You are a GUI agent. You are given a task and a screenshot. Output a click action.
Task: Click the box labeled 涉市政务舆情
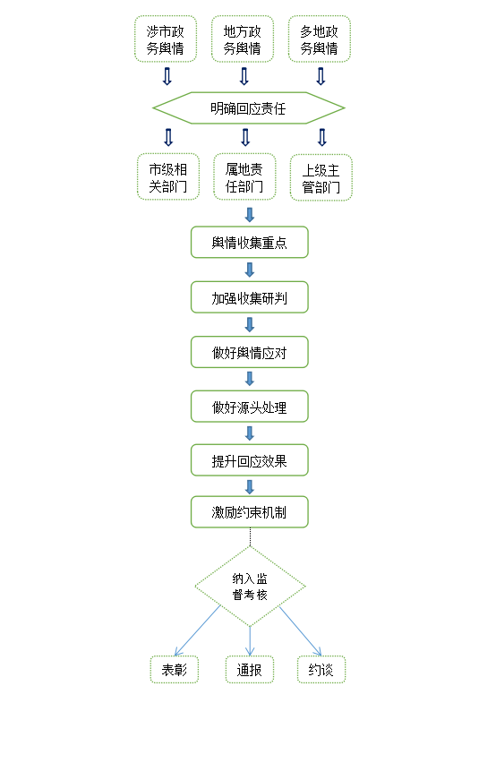pyautogui.click(x=166, y=39)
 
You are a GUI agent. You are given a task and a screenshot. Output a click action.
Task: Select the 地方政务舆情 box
pyautogui.click(x=242, y=39)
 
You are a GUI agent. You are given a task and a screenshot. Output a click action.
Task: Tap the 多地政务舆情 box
pyautogui.click(x=319, y=39)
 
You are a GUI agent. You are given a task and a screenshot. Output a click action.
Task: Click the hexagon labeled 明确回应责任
pyautogui.click(x=249, y=108)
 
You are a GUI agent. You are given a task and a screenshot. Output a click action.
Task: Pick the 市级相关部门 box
pyautogui.click(x=167, y=177)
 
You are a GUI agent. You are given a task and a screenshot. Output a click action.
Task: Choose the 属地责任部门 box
pyautogui.click(x=244, y=177)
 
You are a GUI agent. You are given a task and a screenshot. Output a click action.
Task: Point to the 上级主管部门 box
pyautogui.click(x=321, y=177)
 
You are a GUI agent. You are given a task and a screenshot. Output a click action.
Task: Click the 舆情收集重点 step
pyautogui.click(x=250, y=242)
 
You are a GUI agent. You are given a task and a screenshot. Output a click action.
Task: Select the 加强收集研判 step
pyautogui.click(x=250, y=296)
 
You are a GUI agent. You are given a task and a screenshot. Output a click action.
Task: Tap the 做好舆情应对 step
pyautogui.click(x=250, y=352)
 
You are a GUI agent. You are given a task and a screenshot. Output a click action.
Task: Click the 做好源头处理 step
pyautogui.click(x=250, y=407)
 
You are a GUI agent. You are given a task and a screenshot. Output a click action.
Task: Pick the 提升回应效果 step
pyautogui.click(x=250, y=459)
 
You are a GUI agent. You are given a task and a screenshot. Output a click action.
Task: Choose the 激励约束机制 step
pyautogui.click(x=250, y=512)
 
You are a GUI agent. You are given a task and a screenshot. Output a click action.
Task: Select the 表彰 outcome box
pyautogui.click(x=175, y=670)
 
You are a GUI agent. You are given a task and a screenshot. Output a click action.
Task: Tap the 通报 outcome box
pyautogui.click(x=250, y=670)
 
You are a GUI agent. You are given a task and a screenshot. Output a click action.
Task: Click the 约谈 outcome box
pyautogui.click(x=321, y=670)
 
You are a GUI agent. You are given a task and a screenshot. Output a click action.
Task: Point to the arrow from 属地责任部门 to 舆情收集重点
pyautogui.click(x=250, y=215)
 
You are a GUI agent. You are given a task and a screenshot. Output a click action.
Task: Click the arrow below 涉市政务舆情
pyautogui.click(x=167, y=76)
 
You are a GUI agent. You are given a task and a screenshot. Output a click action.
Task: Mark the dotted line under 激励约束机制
pyautogui.click(x=250, y=537)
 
